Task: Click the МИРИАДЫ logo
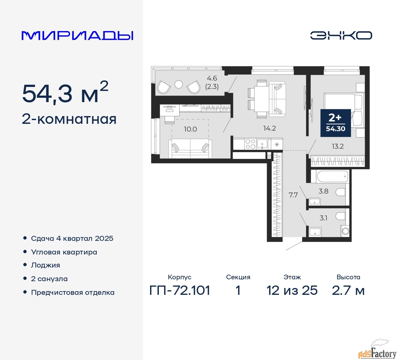(77, 36)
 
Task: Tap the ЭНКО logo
(341, 35)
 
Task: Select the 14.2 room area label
(270, 128)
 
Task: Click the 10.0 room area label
(190, 129)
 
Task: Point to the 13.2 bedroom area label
(338, 146)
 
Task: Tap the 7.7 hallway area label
(293, 195)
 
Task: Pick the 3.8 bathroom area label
(323, 191)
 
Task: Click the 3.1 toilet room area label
(323, 218)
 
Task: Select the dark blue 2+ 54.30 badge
(336, 123)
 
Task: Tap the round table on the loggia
(179, 84)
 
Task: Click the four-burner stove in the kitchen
(250, 144)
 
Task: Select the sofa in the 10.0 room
(190, 149)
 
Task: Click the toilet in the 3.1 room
(341, 216)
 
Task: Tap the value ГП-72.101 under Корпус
(180, 290)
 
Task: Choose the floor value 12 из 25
(292, 290)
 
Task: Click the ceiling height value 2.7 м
(348, 290)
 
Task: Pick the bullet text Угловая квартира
(64, 252)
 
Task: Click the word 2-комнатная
(69, 119)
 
